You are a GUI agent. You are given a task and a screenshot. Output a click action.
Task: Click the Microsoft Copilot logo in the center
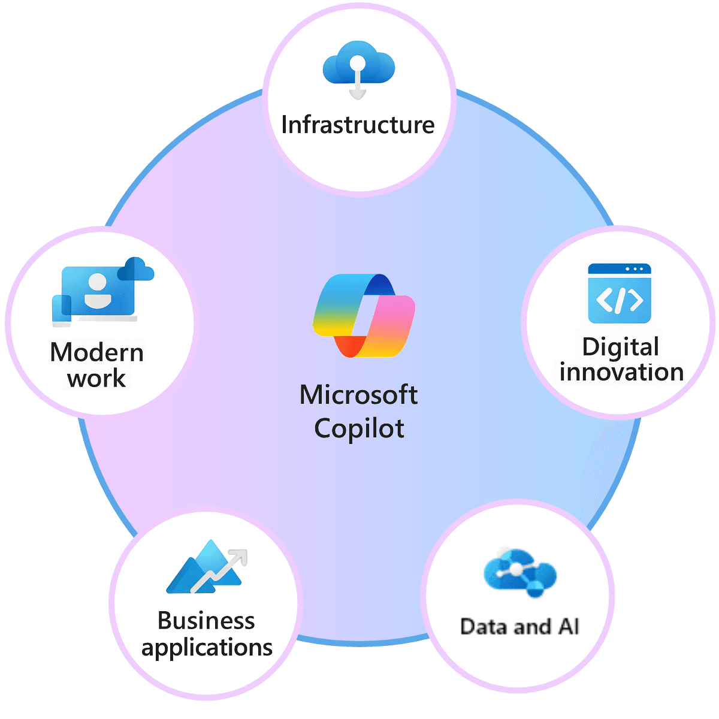click(x=364, y=315)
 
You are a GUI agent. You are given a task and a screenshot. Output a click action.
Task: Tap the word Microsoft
click(x=358, y=395)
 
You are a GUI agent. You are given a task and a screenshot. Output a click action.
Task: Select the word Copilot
click(x=359, y=428)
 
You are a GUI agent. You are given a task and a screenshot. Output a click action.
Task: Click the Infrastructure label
click(x=358, y=125)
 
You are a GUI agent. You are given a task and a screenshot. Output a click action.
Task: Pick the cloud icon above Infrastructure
click(x=358, y=63)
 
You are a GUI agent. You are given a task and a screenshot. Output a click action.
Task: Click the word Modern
click(x=97, y=352)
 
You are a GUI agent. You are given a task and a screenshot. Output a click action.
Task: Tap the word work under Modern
click(x=96, y=379)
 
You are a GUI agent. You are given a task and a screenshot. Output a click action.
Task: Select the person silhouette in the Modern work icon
click(x=98, y=291)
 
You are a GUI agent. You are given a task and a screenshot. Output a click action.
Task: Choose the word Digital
click(x=620, y=348)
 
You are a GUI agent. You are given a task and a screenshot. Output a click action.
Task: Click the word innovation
click(x=621, y=372)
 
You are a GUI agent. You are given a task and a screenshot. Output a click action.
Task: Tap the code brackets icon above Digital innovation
click(x=620, y=300)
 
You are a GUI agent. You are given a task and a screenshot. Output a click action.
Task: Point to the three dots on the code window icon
click(x=635, y=269)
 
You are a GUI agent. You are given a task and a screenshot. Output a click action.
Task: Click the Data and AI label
click(x=519, y=627)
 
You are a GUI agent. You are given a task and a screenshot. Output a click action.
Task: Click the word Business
click(x=206, y=621)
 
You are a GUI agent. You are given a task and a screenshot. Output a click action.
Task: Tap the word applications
click(x=207, y=648)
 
